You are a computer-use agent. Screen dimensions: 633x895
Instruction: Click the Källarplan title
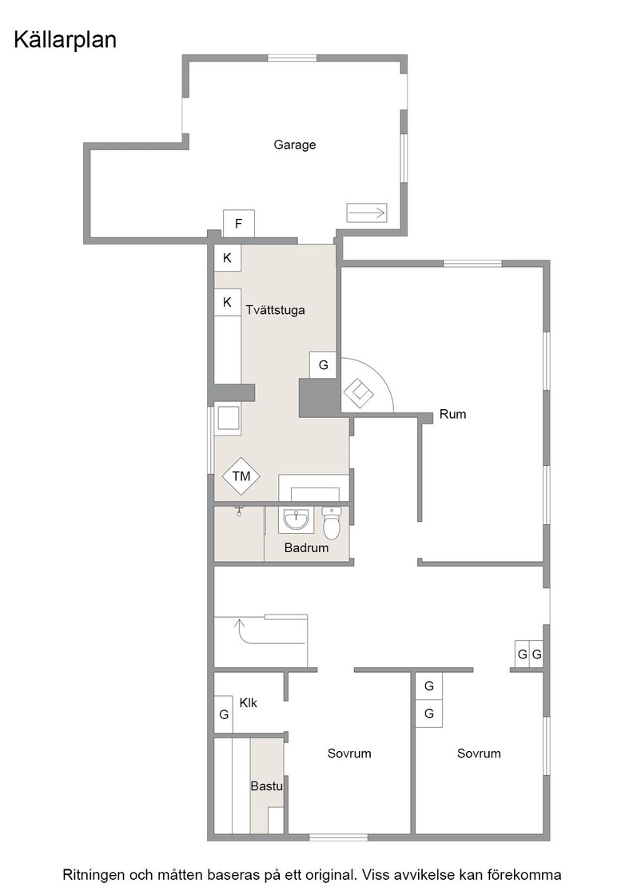click(65, 41)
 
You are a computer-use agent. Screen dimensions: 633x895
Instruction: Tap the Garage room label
click(295, 145)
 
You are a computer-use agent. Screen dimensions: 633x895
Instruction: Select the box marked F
click(239, 224)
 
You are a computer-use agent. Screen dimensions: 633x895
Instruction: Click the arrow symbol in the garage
click(366, 213)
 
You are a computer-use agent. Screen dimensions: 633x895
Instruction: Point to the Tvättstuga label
click(275, 310)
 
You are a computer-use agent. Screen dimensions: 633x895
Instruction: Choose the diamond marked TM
click(241, 475)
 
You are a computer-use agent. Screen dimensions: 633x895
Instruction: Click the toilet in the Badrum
click(331, 523)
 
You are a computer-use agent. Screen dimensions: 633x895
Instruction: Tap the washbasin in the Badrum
click(297, 519)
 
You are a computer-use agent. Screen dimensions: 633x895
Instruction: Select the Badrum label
click(307, 548)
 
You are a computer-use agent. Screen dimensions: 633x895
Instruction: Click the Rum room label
click(452, 415)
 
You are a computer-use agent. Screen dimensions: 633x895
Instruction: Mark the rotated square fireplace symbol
click(358, 393)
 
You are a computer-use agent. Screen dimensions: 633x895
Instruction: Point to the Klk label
click(249, 703)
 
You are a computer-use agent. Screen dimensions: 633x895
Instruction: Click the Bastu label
click(267, 786)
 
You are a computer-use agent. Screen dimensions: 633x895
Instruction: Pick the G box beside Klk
click(224, 714)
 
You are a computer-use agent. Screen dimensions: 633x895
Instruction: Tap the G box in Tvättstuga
click(324, 365)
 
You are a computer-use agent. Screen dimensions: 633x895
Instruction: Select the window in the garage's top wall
click(293, 58)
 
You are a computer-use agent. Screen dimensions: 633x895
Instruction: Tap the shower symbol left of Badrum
click(240, 511)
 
